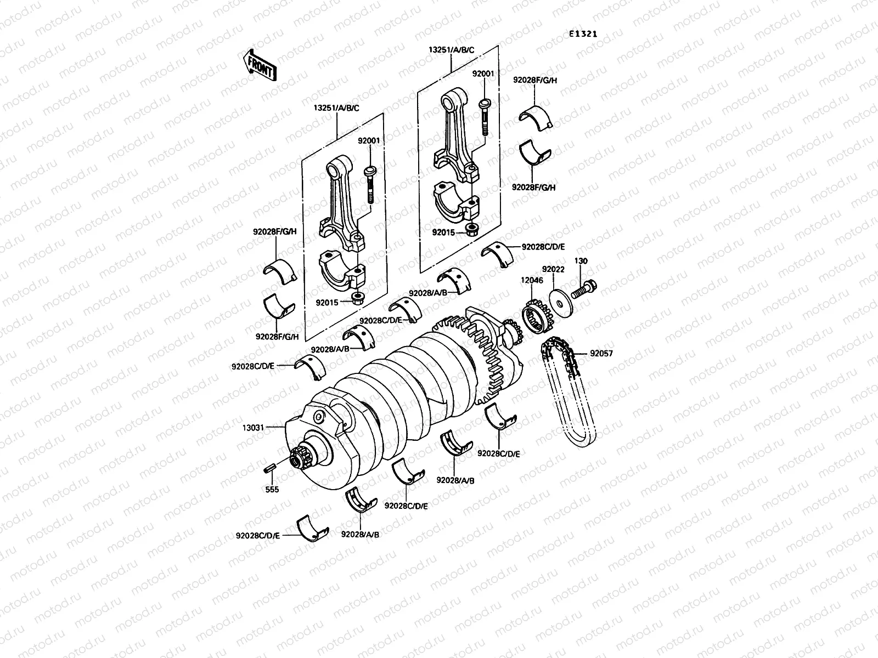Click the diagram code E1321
tap(583, 34)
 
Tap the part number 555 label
tap(271, 489)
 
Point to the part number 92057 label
tap(601, 354)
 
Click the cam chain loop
tap(571, 400)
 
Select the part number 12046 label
tap(532, 280)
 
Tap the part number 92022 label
tap(553, 269)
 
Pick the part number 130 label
tap(581, 261)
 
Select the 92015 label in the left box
tap(328, 302)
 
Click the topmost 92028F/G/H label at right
tap(535, 80)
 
